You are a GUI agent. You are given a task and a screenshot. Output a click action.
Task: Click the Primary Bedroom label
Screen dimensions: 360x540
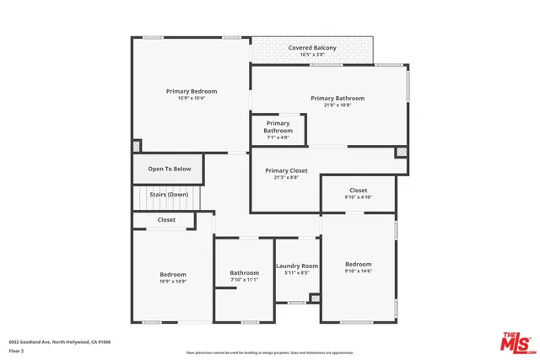(x=192, y=91)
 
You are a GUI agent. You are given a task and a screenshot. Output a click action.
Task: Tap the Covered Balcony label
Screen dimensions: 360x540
(x=312, y=48)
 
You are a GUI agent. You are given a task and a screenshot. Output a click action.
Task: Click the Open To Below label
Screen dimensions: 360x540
(x=170, y=169)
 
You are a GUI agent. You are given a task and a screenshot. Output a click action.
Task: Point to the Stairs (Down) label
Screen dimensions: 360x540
(x=169, y=195)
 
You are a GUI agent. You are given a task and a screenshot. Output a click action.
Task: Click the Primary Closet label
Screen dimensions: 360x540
(x=286, y=170)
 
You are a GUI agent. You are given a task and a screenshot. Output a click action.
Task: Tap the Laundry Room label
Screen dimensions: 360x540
(x=297, y=266)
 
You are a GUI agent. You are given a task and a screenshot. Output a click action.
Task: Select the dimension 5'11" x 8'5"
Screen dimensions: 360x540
(x=297, y=273)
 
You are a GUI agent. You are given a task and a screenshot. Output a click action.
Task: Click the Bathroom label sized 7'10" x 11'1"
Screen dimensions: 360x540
(x=245, y=272)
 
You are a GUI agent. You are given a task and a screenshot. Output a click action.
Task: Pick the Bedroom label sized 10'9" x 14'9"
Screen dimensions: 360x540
(x=173, y=274)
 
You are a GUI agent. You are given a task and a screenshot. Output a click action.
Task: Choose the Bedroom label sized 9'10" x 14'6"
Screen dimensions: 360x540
(x=358, y=264)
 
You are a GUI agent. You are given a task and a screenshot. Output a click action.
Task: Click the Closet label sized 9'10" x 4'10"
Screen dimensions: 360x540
(x=358, y=191)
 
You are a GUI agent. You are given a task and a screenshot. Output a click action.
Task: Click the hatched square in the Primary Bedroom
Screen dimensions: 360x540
(x=137, y=146)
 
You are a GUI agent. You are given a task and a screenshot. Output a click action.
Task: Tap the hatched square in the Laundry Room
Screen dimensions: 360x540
(x=315, y=298)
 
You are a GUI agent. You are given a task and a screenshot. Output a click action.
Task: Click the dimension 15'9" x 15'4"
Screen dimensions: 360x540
(x=192, y=98)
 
